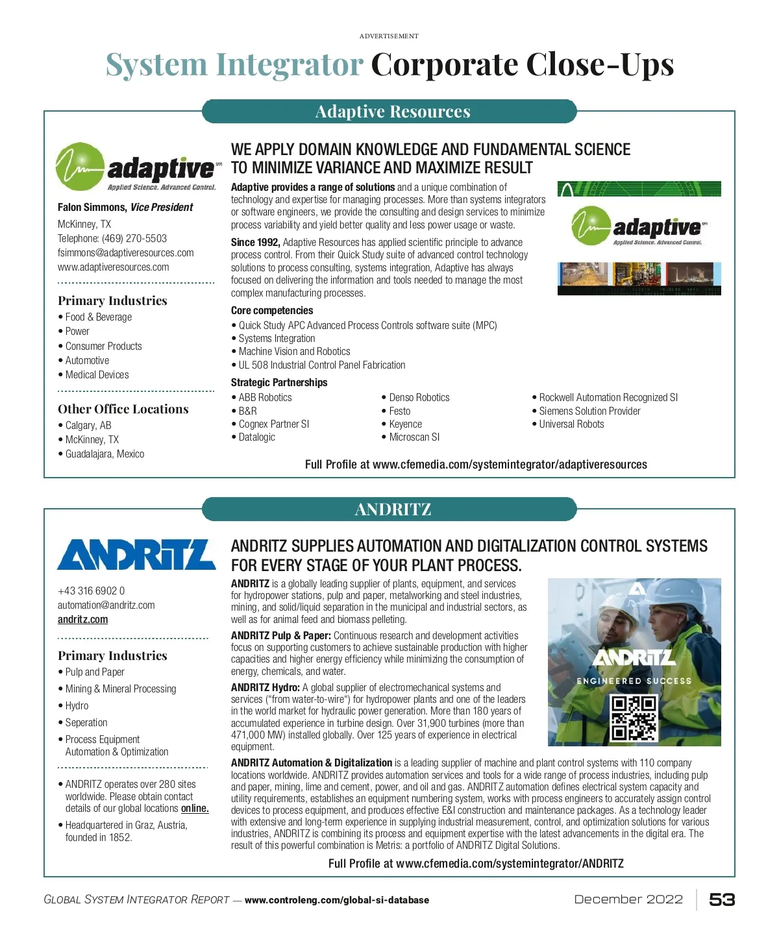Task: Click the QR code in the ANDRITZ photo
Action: [x=634, y=717]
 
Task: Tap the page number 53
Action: [x=722, y=899]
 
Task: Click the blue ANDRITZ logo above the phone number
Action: [x=136, y=554]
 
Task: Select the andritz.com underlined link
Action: [x=83, y=620]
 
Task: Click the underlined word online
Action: [x=195, y=809]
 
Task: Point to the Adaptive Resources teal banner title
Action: [x=392, y=112]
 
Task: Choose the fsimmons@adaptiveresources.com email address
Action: [x=126, y=253]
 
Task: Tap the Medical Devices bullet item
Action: [x=97, y=375]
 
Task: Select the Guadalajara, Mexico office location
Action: [x=105, y=454]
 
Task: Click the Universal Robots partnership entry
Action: [x=571, y=424]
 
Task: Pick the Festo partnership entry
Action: [x=399, y=411]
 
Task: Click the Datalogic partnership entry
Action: [x=256, y=437]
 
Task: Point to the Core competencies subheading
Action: [x=272, y=311]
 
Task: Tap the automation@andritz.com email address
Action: [x=106, y=605]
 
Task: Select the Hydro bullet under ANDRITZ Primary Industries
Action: [x=77, y=706]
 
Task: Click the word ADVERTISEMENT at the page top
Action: [x=389, y=36]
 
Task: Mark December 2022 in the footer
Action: [x=628, y=899]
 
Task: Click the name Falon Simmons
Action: [x=92, y=208]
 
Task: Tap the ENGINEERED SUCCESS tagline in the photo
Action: [x=634, y=681]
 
